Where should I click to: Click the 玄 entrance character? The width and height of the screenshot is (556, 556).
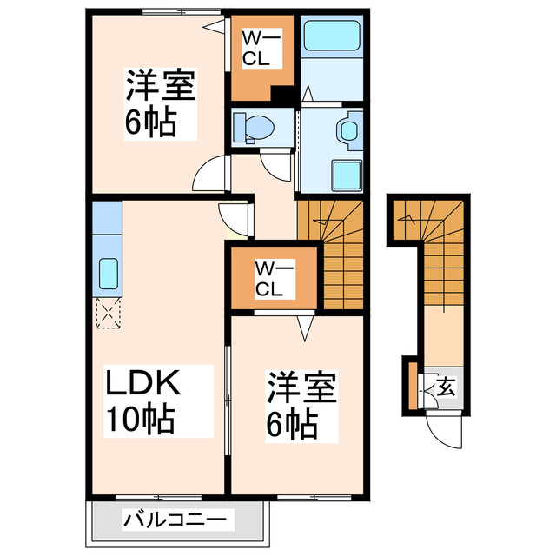click(x=444, y=385)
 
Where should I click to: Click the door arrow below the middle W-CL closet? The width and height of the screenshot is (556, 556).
click(x=304, y=328)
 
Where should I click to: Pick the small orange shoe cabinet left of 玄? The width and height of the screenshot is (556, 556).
click(x=411, y=386)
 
